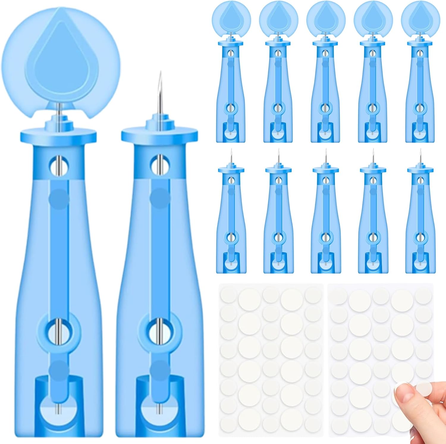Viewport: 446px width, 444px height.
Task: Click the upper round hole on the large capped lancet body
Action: tap(59, 163)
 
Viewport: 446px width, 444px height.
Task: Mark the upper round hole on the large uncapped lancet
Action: tap(160, 163)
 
